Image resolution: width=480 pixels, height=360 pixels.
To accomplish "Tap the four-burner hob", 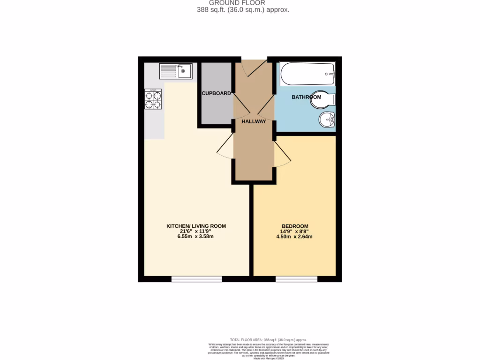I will pyautogui.click(x=153, y=99).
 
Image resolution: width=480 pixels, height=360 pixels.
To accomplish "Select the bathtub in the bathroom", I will pyautogui.click(x=307, y=74).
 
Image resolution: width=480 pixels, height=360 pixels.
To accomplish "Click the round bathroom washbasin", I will pyautogui.click(x=326, y=120).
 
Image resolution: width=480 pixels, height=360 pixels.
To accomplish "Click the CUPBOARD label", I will pyautogui.click(x=216, y=93).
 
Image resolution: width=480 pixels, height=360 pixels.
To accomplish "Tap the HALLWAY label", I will pyautogui.click(x=254, y=121).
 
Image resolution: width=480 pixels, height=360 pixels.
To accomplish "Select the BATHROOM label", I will pyautogui.click(x=307, y=97).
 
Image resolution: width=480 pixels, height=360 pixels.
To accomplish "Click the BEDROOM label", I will pyautogui.click(x=294, y=226).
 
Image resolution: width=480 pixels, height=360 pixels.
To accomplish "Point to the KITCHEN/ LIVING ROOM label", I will pyautogui.click(x=196, y=226).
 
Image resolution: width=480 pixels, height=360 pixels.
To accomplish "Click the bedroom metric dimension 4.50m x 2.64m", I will pyautogui.click(x=294, y=237).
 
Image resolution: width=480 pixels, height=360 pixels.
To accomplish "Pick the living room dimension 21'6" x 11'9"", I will pyautogui.click(x=196, y=231).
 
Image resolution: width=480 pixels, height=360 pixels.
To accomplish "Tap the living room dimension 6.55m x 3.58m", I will pyautogui.click(x=196, y=237).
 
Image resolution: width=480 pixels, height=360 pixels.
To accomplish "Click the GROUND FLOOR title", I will pyautogui.click(x=243, y=3).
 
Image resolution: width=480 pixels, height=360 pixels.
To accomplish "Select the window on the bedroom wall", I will pyautogui.click(x=296, y=279).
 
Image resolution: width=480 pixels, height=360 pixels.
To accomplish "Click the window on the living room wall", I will pyautogui.click(x=196, y=279).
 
